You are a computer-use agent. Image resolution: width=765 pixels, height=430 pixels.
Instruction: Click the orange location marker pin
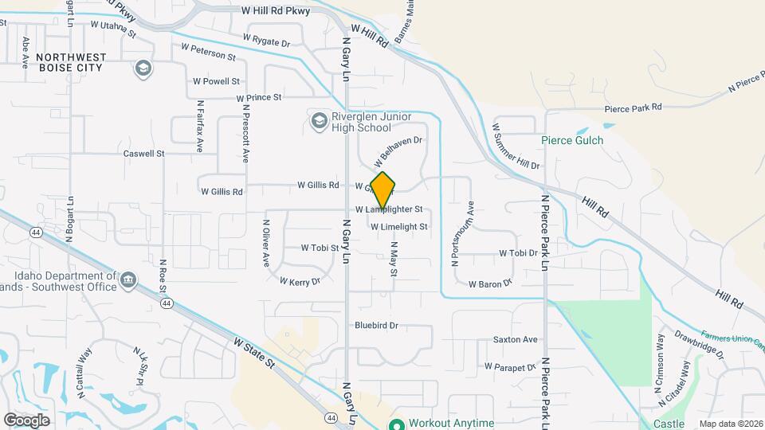coord(383,190)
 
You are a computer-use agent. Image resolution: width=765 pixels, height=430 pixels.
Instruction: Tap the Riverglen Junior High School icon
coord(319,121)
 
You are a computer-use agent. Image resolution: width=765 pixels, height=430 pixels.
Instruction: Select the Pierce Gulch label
coord(572,140)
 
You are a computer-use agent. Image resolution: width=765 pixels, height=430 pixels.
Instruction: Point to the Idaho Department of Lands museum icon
coord(128,279)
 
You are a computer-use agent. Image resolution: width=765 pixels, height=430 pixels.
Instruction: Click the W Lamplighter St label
coord(388,209)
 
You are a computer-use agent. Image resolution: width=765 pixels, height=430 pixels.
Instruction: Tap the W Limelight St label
coord(399,226)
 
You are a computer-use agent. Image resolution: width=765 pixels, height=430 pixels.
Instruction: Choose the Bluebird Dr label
coord(376,325)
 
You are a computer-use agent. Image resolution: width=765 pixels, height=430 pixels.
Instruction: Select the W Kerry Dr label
coord(300,281)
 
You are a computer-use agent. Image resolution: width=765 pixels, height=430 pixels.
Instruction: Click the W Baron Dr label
coord(489,283)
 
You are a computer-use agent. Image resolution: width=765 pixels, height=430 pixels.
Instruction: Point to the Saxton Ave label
coord(516,339)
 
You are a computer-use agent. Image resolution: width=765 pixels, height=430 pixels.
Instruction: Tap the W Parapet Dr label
coord(510,367)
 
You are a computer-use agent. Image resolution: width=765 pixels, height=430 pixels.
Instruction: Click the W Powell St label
coord(216,81)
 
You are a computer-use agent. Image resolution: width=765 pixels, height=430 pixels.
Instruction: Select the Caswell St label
coord(143,153)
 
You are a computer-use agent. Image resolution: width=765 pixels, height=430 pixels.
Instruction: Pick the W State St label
coord(254,352)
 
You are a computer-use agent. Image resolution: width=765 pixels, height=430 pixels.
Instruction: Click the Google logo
coord(26,420)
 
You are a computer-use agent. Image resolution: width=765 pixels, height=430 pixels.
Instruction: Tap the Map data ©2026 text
coord(731,424)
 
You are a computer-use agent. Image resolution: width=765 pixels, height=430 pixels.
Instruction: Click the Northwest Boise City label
coord(69,63)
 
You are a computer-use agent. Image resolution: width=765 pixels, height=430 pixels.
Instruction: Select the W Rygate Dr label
coord(266,39)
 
